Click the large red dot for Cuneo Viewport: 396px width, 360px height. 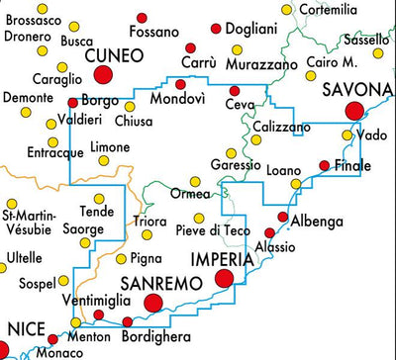pyautogui.click(x=103, y=77)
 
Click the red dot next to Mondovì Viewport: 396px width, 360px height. pyautogui.click(x=180, y=84)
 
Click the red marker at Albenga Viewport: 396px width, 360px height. pyautogui.click(x=282, y=217)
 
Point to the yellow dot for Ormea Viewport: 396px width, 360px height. pyautogui.click(x=195, y=181)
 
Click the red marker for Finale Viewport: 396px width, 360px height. pyautogui.click(x=324, y=166)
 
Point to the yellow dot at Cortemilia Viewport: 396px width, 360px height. pyautogui.click(x=287, y=9)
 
